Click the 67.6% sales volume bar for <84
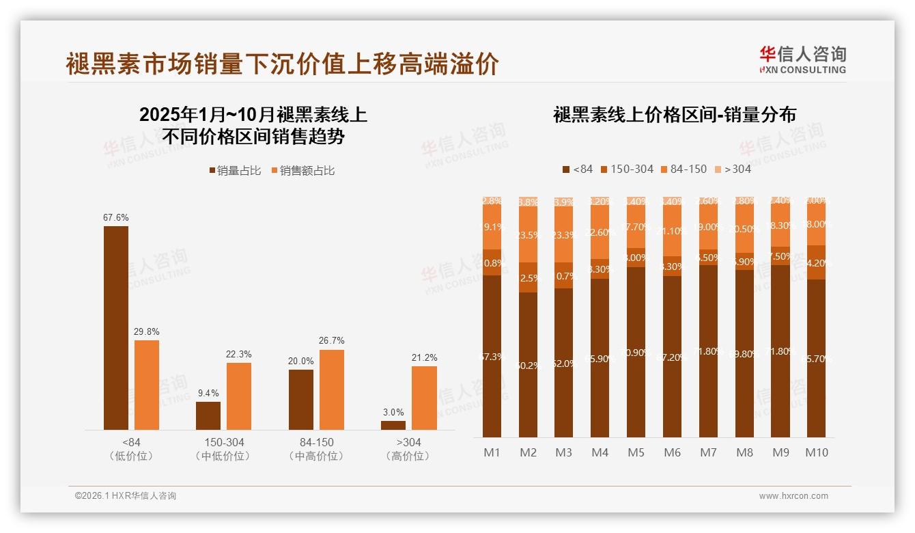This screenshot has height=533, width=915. (116, 328)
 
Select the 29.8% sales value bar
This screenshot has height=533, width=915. (147, 385)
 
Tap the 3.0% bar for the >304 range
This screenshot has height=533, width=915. (393, 425)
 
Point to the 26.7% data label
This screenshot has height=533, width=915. (332, 340)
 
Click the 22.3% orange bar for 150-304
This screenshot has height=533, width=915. (239, 396)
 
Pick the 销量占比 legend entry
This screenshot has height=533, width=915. (235, 171)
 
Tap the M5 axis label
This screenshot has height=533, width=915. (636, 452)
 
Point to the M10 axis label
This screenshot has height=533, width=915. (817, 452)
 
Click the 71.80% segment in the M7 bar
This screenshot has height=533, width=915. (708, 351)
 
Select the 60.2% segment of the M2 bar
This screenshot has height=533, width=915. (528, 365)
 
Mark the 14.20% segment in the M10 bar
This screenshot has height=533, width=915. (816, 262)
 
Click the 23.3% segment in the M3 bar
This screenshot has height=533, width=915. (564, 234)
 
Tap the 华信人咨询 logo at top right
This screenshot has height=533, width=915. (802, 59)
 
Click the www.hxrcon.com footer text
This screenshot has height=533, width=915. (793, 496)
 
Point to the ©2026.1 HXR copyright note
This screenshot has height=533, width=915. (126, 496)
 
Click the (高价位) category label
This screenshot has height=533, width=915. (408, 456)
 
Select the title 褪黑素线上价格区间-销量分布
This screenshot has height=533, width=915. (674, 115)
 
